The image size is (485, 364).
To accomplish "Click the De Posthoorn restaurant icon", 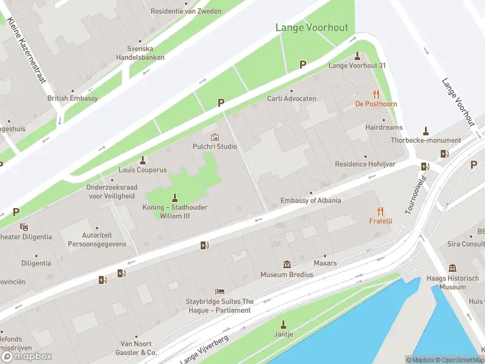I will point(376,94).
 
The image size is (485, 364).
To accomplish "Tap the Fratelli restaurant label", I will point(380,221).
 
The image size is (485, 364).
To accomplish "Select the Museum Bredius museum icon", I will point(287,265).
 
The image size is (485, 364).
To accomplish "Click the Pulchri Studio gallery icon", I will point(214,137).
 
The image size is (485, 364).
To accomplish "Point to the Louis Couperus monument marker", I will point(143,160).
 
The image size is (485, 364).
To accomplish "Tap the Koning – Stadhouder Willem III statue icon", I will point(175,197).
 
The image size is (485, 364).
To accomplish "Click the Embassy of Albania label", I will point(310,201).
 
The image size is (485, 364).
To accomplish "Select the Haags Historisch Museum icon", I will point(452,268).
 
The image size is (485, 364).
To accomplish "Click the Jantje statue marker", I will point(283,325).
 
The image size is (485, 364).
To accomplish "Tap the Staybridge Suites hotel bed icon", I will point(219,292).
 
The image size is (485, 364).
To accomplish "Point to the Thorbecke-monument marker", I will point(426,130).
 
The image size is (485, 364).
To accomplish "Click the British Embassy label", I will point(73,98).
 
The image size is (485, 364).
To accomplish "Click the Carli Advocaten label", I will point(292,98).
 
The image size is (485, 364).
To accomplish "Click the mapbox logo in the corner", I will point(27,357).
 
